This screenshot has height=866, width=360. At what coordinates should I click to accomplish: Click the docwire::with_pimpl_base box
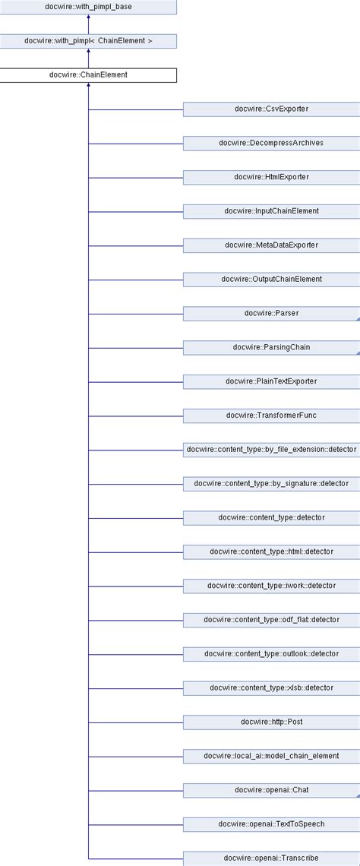point(88,7)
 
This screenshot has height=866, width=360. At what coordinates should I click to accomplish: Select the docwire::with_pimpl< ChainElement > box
point(88,41)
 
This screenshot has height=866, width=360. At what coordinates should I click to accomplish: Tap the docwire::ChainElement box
point(88,75)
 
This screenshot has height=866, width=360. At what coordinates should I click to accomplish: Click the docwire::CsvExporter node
point(271,109)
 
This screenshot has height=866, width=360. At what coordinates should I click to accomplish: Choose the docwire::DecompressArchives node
point(271,143)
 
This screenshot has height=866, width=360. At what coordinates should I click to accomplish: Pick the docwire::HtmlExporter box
point(271,177)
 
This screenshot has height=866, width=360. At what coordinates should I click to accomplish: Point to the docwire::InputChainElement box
point(271,211)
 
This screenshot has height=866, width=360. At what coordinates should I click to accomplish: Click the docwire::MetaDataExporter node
point(271,245)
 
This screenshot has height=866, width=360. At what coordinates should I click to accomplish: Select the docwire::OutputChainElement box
point(271,279)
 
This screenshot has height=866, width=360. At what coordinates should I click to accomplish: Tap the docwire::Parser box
point(271,313)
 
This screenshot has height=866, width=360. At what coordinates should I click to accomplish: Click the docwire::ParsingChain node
point(271,347)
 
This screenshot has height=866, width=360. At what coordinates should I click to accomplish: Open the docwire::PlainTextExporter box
point(271,381)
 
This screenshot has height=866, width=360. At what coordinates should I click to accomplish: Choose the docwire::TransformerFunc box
point(271,415)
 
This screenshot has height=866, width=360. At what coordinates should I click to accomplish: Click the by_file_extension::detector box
point(271,449)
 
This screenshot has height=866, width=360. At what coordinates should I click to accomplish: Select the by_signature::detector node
point(271,483)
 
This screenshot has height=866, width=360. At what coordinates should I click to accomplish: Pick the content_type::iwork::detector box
point(271,585)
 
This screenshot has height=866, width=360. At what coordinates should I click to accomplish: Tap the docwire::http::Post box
point(271,721)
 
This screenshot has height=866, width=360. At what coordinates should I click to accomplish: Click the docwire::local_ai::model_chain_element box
point(271,755)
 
